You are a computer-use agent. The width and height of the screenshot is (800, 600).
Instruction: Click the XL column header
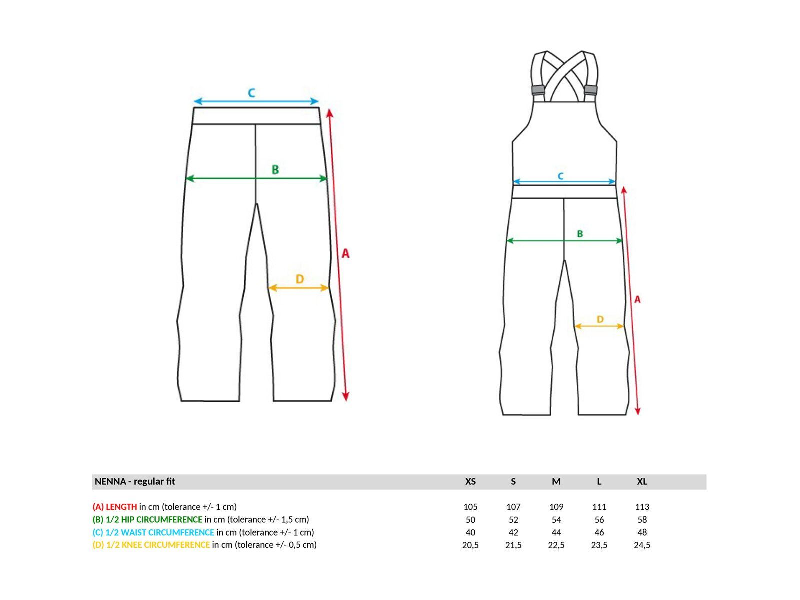[x=642, y=481]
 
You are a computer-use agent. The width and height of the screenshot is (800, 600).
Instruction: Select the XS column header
[x=470, y=481]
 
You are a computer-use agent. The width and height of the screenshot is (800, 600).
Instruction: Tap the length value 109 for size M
[x=556, y=506]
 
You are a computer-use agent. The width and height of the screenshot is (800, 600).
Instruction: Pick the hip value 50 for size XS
[x=470, y=520]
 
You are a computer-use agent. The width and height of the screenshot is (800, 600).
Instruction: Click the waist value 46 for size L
[x=599, y=532]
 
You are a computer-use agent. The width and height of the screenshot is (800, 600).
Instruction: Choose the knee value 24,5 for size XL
[x=642, y=545]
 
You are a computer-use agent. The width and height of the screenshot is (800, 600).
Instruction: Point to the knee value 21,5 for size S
[x=513, y=545]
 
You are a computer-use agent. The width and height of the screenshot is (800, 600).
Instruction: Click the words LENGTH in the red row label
[x=121, y=506]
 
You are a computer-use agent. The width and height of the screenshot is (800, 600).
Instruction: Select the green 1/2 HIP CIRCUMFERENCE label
[x=154, y=520]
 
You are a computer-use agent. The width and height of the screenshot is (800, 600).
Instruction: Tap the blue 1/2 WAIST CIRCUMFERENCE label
[x=159, y=532]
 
